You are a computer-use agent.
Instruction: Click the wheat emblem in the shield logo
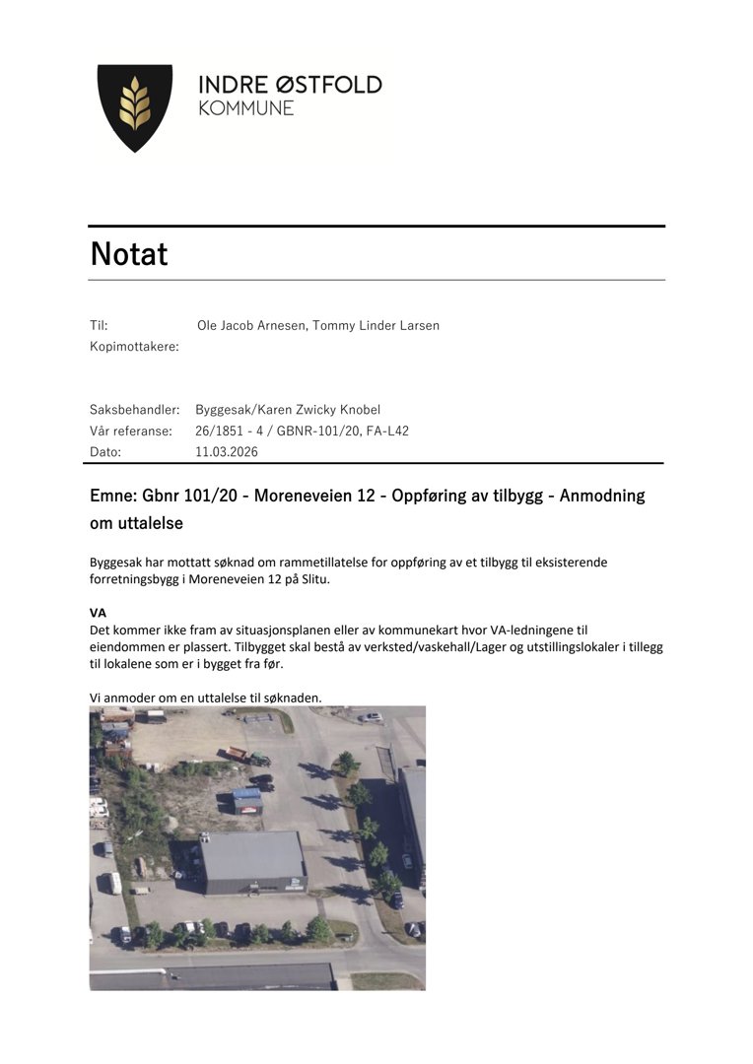point(135,106)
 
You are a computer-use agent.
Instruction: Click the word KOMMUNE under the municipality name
point(246,108)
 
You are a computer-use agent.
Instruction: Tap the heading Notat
point(129,254)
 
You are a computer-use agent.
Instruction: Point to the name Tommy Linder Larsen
point(376,325)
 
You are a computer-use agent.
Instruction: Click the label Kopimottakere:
point(134,346)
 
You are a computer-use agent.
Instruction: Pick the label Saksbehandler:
point(134,409)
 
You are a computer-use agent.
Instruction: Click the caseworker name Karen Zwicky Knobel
point(315,409)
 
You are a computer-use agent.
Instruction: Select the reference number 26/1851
point(223,431)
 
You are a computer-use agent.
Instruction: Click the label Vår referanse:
point(131,431)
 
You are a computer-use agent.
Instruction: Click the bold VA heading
point(98,612)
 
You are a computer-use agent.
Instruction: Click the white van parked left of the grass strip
point(114,883)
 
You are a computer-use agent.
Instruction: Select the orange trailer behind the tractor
point(234,754)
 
